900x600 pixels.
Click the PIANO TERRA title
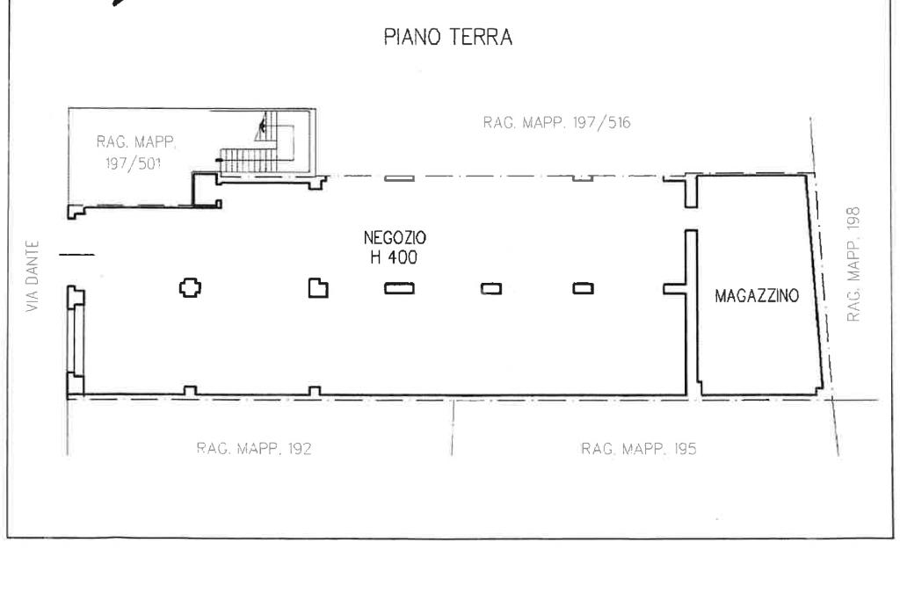click(447, 37)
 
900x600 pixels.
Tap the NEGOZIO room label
click(395, 237)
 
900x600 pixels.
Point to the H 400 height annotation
click(394, 257)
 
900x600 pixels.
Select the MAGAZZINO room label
click(757, 296)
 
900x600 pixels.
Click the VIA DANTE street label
click(33, 276)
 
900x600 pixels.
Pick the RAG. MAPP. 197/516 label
click(556, 123)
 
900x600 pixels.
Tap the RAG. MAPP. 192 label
click(254, 449)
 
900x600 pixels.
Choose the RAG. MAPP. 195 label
click(638, 449)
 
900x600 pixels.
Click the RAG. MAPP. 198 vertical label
click(853, 264)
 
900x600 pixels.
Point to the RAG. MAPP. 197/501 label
click(135, 153)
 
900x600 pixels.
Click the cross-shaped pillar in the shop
click(190, 287)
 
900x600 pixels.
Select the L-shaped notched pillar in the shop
click(318, 288)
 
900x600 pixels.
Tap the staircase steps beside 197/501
click(248, 160)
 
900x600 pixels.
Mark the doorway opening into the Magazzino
click(692, 219)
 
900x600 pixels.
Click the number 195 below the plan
click(686, 449)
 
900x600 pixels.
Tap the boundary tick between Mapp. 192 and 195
click(453, 427)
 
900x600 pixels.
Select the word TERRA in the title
click(481, 37)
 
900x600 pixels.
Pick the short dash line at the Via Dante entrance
click(77, 254)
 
